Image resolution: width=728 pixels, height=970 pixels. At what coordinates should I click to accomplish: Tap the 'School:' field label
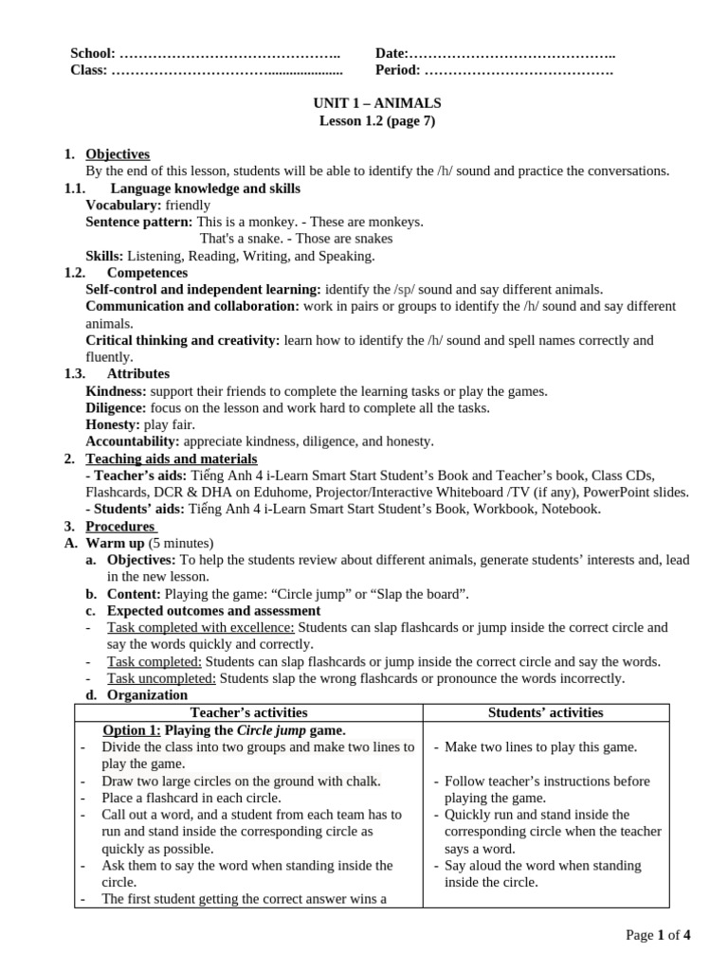[93, 54]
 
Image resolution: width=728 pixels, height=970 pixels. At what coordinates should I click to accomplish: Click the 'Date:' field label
[391, 54]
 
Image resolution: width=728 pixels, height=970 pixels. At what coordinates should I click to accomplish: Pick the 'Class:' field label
[89, 70]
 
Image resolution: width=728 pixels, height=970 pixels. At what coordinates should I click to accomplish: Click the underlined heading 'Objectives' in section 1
[118, 154]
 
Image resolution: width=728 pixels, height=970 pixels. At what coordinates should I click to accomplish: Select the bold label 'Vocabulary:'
[123, 206]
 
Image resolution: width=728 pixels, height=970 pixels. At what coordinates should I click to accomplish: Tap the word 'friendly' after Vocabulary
[188, 206]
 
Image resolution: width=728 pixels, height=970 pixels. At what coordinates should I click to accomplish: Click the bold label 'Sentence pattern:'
[139, 222]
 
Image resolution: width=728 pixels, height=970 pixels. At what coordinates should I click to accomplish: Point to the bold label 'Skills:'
[104, 256]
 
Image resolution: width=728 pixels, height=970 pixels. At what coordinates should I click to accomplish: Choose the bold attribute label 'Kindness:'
[117, 391]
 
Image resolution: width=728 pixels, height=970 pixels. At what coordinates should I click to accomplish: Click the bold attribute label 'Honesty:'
[113, 425]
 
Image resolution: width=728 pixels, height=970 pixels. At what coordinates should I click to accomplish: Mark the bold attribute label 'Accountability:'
[133, 441]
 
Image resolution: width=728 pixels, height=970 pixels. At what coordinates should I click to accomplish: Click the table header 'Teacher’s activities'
[248, 712]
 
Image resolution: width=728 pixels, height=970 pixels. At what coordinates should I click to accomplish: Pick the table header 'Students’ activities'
[545, 712]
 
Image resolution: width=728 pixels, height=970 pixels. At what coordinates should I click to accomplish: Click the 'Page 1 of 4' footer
[658, 936]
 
